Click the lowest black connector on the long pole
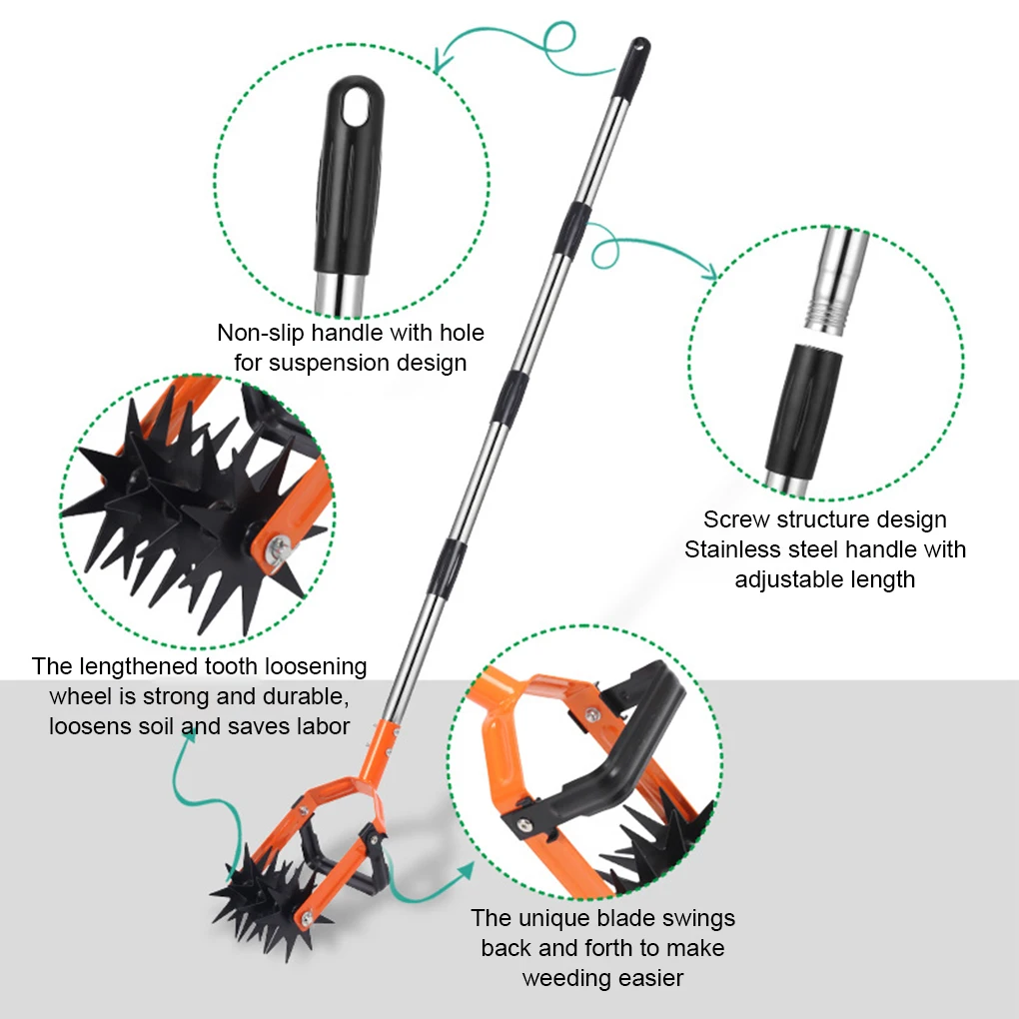(448, 566)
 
